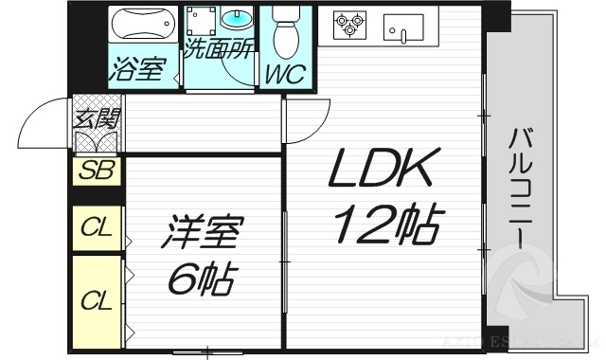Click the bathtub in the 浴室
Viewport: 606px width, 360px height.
click(x=142, y=22)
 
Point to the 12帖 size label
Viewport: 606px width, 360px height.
click(x=386, y=225)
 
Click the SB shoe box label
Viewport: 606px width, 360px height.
click(x=96, y=171)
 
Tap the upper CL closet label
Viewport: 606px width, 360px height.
click(x=96, y=227)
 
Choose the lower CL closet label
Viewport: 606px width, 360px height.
click(x=96, y=301)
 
